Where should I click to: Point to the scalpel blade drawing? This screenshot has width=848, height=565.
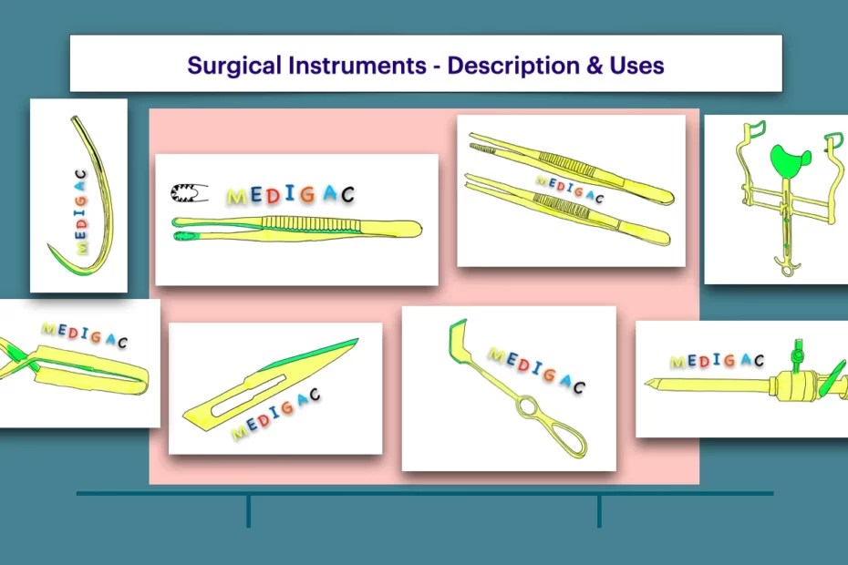point(274,383)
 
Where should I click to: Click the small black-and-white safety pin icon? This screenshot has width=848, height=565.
point(190,193)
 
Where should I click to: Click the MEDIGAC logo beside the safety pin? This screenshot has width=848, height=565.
point(290,194)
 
